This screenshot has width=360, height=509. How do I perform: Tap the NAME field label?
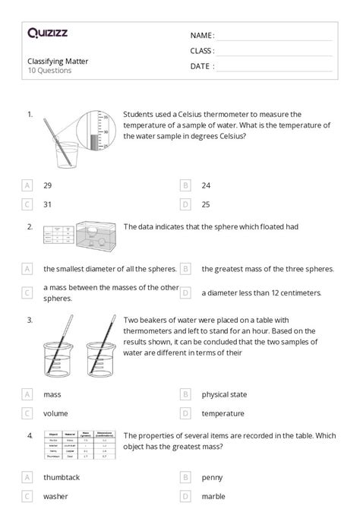click(202, 35)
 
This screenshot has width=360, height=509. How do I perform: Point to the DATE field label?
click(202, 66)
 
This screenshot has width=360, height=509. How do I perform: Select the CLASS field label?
click(202, 51)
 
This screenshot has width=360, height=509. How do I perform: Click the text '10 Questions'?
click(49, 71)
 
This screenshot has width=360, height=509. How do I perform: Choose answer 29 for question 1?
click(48, 185)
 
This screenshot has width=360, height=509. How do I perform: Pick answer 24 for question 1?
click(206, 185)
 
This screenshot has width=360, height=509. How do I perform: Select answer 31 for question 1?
click(48, 204)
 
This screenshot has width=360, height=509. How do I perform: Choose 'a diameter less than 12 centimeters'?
click(261, 292)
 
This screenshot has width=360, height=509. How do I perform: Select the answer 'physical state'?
click(224, 394)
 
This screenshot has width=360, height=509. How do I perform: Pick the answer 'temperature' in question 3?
click(223, 414)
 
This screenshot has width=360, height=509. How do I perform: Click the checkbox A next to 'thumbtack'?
click(27, 477)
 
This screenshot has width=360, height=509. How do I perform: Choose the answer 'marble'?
click(214, 497)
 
